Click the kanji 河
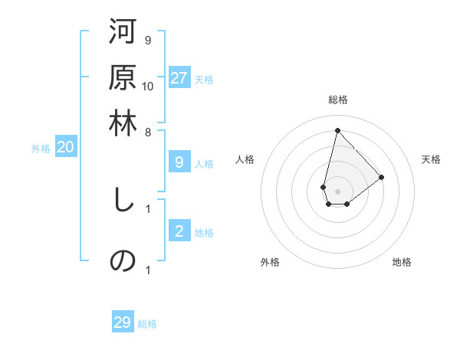[x=123, y=33]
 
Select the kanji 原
[x=123, y=78]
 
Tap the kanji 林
[x=123, y=123]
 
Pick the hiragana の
[x=123, y=260]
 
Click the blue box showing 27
[x=179, y=78]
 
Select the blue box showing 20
[x=65, y=148]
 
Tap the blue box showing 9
[x=179, y=162]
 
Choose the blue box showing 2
[x=179, y=231]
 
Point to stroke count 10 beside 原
[x=148, y=86]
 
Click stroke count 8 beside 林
[x=148, y=131]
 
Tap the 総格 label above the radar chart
[x=337, y=100]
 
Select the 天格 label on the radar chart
[x=431, y=159]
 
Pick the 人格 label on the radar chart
[x=245, y=159]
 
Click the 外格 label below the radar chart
[x=270, y=262]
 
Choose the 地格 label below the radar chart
[x=402, y=262]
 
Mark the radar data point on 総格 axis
[x=337, y=129]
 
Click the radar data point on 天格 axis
[x=382, y=176]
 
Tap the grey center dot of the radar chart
[x=337, y=190]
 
